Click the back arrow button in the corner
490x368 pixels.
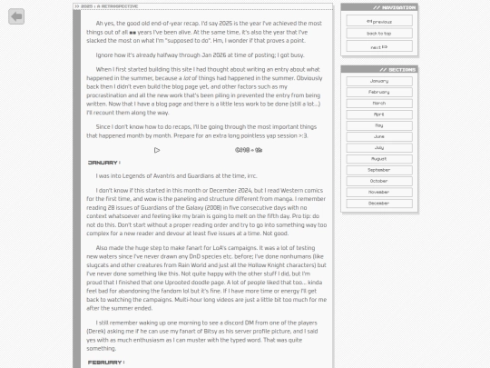click(16, 16)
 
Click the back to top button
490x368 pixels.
click(378, 34)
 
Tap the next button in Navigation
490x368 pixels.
click(378, 46)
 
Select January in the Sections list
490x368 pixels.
click(378, 81)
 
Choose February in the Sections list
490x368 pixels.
click(378, 92)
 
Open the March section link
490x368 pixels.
click(378, 103)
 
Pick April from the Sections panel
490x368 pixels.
click(378, 114)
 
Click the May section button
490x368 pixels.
click(378, 125)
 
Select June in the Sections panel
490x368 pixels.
click(378, 136)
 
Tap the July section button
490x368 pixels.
click(378, 147)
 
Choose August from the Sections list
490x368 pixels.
click(378, 159)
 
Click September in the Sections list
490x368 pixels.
click(378, 170)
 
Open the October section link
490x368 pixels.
click(378, 181)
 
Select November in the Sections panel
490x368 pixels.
click(378, 192)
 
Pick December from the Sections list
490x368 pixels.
click(378, 203)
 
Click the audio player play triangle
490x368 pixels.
click(157, 150)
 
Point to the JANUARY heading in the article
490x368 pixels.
click(103, 163)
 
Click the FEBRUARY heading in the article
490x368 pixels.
click(104, 363)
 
